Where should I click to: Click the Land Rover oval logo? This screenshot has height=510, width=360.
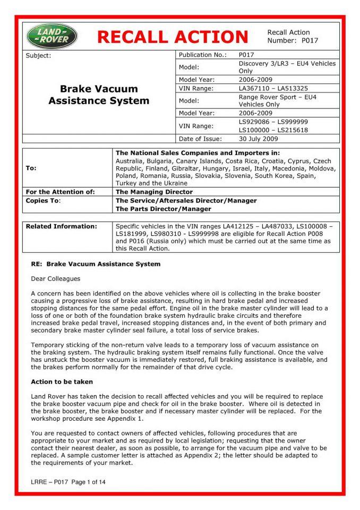tap(52, 36)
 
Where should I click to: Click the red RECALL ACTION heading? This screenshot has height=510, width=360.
tap(173, 37)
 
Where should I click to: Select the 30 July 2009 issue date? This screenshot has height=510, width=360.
tap(259, 139)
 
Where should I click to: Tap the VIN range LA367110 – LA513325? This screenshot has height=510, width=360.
tap(273, 88)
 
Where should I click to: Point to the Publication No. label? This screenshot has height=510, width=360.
tap(203, 55)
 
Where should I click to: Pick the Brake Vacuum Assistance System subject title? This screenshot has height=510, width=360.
tap(99, 95)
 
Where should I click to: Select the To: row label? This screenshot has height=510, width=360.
tap(31, 168)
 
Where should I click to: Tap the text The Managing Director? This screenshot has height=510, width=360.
tap(154, 192)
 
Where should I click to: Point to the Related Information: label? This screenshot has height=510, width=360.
tap(62, 226)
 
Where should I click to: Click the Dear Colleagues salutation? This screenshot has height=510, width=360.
tap(55, 278)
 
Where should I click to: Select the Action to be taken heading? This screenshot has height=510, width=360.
tap(62, 381)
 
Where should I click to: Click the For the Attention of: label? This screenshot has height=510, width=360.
tap(60, 192)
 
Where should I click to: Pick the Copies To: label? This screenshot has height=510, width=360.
tap(44, 201)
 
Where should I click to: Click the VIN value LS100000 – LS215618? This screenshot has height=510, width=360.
tap(273, 130)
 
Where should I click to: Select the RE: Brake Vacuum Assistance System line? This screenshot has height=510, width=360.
tap(96, 264)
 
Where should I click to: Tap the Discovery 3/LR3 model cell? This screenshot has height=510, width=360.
tap(287, 67)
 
